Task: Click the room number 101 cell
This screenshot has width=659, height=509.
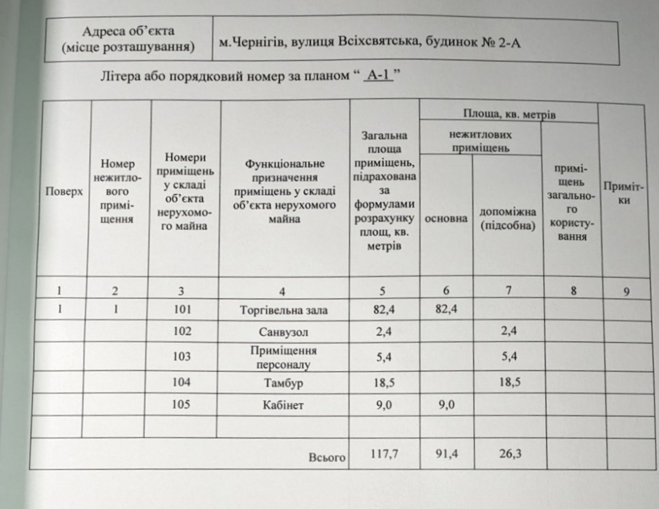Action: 182,309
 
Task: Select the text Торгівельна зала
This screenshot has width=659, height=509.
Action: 283,310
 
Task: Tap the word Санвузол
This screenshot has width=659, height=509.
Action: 283,332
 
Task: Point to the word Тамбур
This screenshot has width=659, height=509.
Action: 283,383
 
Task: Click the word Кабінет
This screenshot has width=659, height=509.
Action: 283,405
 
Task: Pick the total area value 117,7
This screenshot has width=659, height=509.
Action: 383,454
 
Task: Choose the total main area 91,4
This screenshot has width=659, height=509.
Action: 446,454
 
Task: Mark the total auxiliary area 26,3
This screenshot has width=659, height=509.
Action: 510,454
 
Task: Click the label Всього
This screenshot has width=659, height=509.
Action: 327,457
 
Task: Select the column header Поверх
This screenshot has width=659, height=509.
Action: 64,191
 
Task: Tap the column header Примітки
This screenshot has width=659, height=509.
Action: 624,193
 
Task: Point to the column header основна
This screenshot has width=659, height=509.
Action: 446,218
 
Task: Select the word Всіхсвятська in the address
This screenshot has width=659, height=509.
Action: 379,42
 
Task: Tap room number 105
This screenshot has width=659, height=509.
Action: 181,404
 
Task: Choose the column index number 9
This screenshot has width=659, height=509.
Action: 626,292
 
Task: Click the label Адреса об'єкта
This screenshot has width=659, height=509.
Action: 128,31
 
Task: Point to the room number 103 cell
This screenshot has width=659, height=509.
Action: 181,356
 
